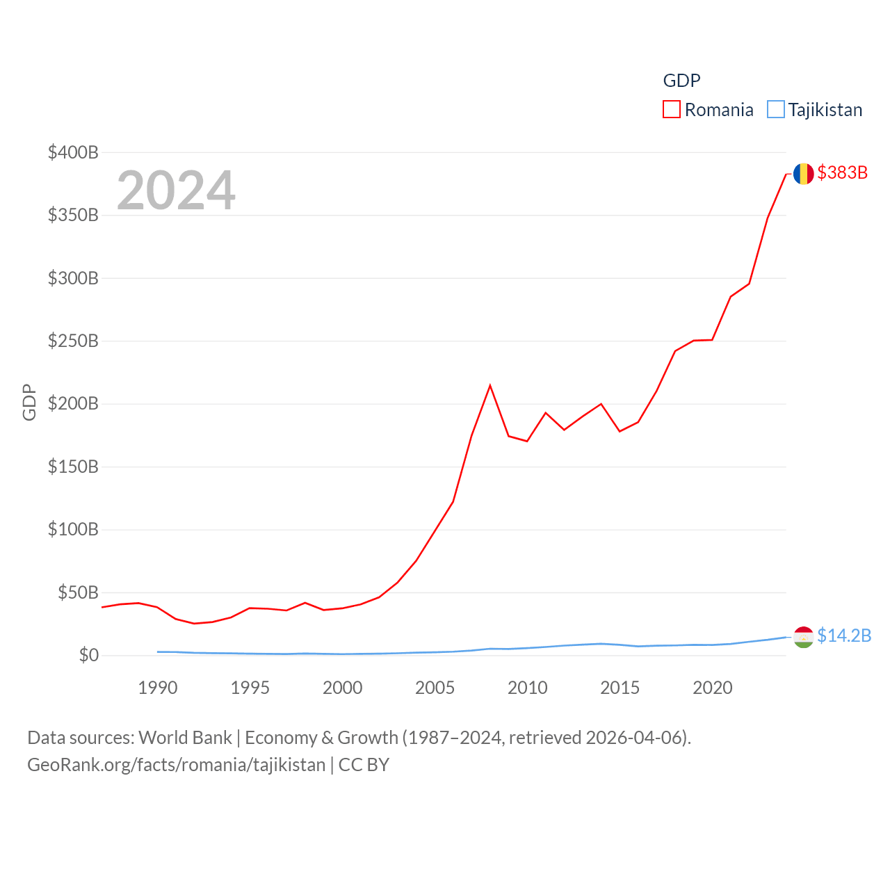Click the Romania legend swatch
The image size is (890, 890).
[671, 110]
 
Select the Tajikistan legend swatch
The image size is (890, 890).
[775, 110]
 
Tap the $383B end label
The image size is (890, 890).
[842, 172]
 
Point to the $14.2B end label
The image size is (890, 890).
[844, 636]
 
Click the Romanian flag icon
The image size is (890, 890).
[803, 174]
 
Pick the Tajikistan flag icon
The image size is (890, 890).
[803, 637]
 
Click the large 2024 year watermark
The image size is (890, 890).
[176, 191]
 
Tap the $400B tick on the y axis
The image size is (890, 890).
[73, 152]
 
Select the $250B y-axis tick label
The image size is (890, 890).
[73, 341]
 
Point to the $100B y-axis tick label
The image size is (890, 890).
[73, 530]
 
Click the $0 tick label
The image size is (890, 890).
[88, 656]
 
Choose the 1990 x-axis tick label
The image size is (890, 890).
[158, 688]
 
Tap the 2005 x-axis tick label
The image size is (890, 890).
[435, 688]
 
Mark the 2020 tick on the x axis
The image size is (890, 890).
[712, 688]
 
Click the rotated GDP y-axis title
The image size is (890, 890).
[29, 402]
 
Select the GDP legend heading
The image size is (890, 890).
[681, 81]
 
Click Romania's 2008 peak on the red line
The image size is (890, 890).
[490, 385]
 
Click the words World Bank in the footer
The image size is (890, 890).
[185, 737]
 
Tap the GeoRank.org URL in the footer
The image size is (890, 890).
[176, 765]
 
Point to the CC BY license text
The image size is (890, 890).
[364, 765]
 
